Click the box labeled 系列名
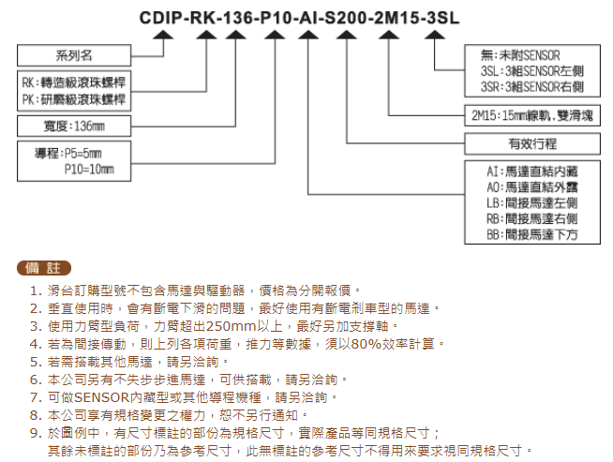click(x=74, y=55)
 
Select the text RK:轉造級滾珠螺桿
click(x=74, y=82)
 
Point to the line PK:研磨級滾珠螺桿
click(x=74, y=99)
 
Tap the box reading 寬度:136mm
click(x=74, y=126)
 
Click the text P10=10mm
click(x=89, y=170)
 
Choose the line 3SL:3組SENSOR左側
click(x=532, y=71)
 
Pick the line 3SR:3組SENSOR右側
click(x=532, y=87)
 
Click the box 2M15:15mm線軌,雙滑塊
click(x=532, y=115)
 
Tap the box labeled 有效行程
click(x=532, y=143)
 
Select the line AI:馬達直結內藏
click(x=532, y=171)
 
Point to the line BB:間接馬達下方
click(x=532, y=234)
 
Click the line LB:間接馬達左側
click(x=532, y=202)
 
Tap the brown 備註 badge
click(x=44, y=268)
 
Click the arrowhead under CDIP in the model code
click(x=163, y=35)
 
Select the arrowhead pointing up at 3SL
click(x=435, y=35)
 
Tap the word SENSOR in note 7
click(x=101, y=397)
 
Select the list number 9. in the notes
click(x=36, y=433)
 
